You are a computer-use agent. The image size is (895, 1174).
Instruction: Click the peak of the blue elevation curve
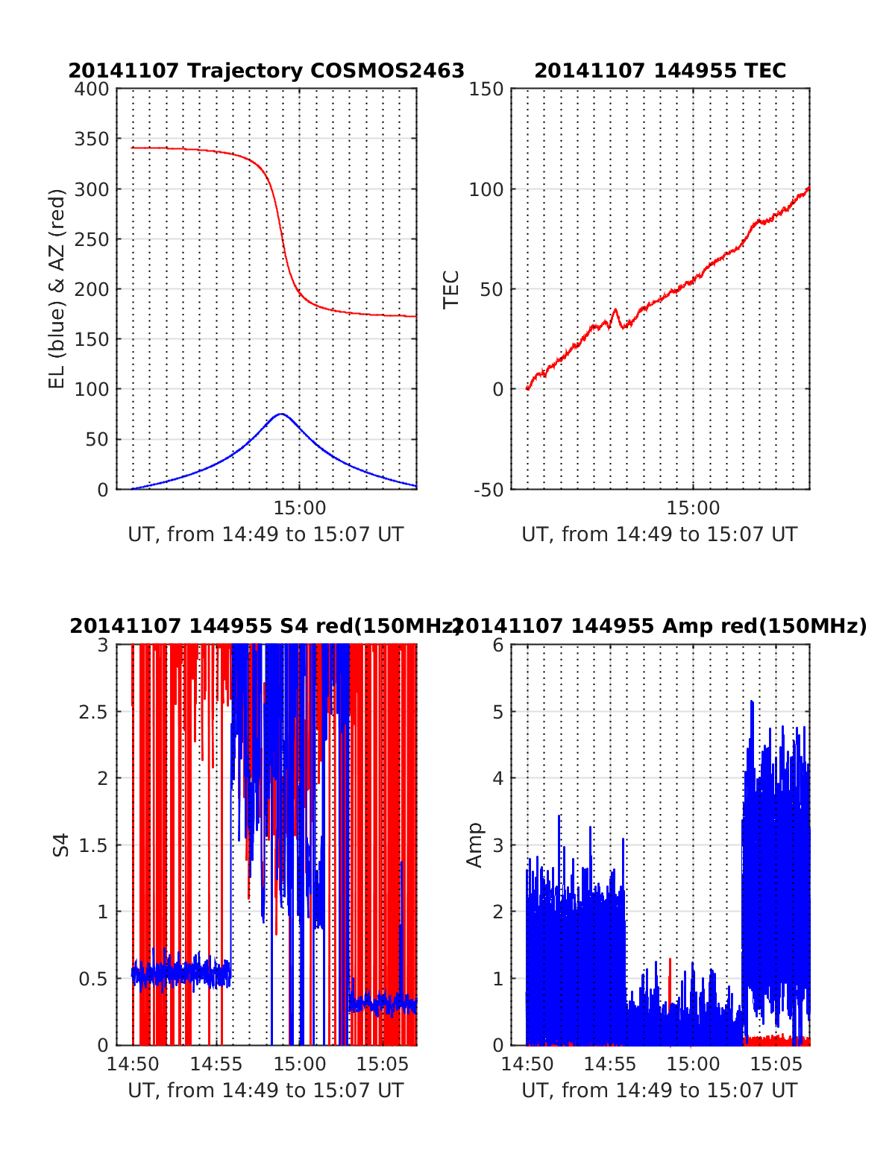(x=280, y=414)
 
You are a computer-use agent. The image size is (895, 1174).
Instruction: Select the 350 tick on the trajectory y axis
(x=92, y=139)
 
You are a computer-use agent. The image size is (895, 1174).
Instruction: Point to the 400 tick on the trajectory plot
(x=92, y=89)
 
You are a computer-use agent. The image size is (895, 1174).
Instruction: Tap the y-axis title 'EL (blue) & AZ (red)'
(x=57, y=288)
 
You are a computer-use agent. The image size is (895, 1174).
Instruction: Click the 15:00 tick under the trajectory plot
(x=300, y=508)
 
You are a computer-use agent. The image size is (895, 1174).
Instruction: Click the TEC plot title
(x=660, y=71)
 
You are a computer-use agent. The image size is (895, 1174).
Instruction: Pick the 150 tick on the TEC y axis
(x=486, y=89)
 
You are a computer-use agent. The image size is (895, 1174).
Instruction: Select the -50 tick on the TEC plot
(x=486, y=489)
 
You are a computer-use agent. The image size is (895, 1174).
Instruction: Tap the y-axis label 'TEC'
(x=451, y=289)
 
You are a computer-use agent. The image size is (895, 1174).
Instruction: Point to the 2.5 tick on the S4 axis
(x=93, y=712)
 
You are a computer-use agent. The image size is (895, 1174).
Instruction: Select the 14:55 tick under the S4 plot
(x=216, y=1064)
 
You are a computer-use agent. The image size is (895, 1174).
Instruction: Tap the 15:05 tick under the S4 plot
(x=383, y=1064)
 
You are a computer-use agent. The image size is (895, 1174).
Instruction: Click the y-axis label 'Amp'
(x=474, y=845)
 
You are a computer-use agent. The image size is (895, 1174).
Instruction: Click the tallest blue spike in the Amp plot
(x=752, y=701)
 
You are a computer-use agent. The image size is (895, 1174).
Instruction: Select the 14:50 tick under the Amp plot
(x=527, y=1064)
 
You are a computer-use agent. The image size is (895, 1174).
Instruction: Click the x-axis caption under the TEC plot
(x=659, y=534)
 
